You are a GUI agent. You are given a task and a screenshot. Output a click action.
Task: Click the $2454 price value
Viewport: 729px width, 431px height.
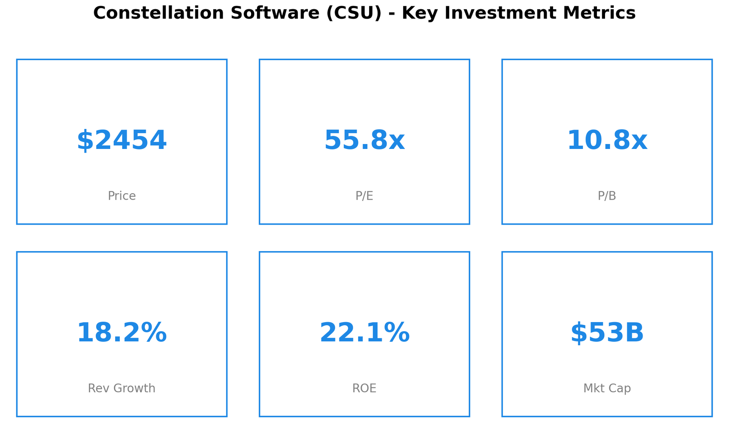(x=122, y=141)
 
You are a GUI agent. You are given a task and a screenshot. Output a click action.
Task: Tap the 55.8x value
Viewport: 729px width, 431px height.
(x=364, y=141)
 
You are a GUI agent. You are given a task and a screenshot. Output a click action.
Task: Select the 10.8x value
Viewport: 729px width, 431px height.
(x=607, y=141)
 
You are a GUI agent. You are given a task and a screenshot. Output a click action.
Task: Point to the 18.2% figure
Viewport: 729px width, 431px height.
(x=122, y=333)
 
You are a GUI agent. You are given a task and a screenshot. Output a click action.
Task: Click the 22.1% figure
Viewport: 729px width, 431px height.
(x=364, y=333)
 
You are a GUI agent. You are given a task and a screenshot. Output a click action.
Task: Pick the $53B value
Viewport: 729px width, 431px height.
(x=607, y=333)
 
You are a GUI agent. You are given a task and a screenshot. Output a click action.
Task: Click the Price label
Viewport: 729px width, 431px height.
(x=122, y=196)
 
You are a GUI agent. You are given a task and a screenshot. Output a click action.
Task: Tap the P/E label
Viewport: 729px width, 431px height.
(x=364, y=196)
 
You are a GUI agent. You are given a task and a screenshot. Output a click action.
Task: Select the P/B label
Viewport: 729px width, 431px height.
(x=607, y=196)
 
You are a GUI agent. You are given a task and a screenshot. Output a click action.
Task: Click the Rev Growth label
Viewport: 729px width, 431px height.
(x=122, y=388)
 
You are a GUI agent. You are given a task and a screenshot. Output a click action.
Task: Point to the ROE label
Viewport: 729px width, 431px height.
(x=364, y=388)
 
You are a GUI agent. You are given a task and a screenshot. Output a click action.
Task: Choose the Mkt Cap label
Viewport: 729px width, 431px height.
(x=607, y=388)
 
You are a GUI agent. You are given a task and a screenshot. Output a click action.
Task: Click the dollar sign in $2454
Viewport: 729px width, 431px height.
(x=85, y=141)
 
